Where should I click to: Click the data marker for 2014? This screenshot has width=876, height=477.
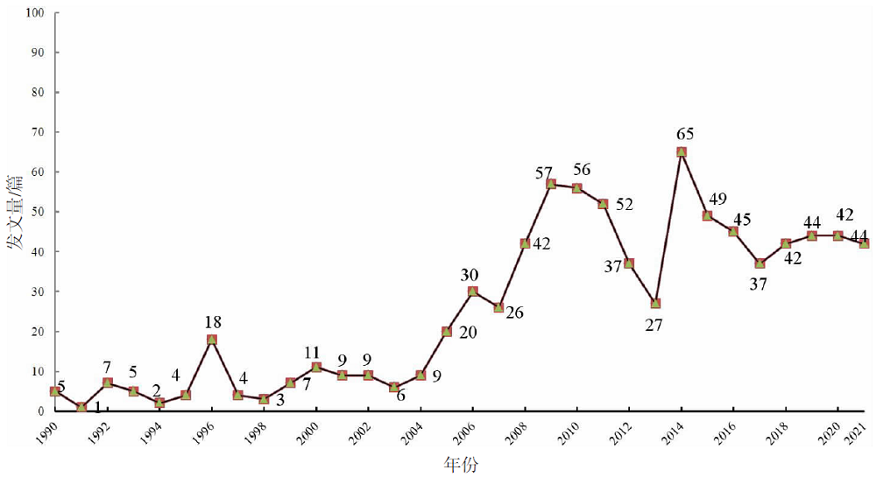(682, 151)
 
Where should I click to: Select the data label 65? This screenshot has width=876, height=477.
(686, 134)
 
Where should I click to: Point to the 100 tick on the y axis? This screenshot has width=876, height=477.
(37, 13)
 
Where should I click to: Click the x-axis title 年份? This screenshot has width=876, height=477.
(460, 464)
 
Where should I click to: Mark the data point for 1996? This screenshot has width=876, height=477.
(212, 340)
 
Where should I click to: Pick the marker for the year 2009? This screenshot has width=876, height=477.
(551, 184)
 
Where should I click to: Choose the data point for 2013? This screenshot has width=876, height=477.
(655, 304)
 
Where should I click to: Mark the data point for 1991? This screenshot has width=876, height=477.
(81, 407)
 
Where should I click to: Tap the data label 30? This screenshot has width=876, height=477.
(470, 275)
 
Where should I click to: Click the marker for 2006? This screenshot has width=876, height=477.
(473, 291)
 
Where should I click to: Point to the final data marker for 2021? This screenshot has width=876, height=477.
(864, 243)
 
